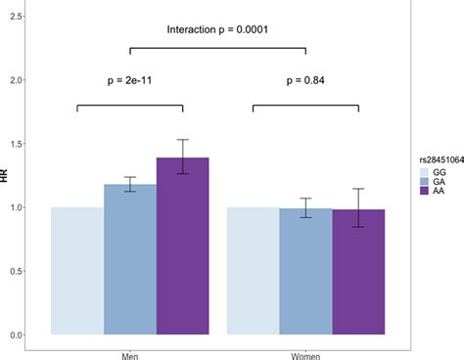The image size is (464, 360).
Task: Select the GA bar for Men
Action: coord(130,259)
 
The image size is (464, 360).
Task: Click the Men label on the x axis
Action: coord(130,354)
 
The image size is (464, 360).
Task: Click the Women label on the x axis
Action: coord(305,354)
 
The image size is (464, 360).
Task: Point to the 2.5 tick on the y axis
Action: coord(17,18)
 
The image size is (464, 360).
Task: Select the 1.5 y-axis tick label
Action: coord(17,145)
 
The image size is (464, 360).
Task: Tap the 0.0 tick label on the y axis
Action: coord(17,336)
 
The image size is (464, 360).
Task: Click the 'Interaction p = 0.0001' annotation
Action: coord(217,29)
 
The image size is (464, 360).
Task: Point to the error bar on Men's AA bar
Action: coord(182,157)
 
